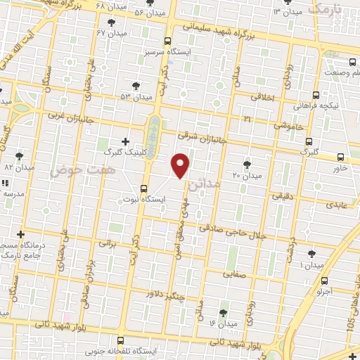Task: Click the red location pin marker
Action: tap(181, 165)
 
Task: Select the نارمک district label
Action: tap(328, 9)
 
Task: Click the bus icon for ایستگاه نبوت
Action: tap(144, 188)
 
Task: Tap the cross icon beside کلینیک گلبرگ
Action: tap(126, 141)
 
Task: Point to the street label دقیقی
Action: tap(289, 188)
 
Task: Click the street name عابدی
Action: tap(335, 205)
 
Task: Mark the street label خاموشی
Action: tap(289, 125)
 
